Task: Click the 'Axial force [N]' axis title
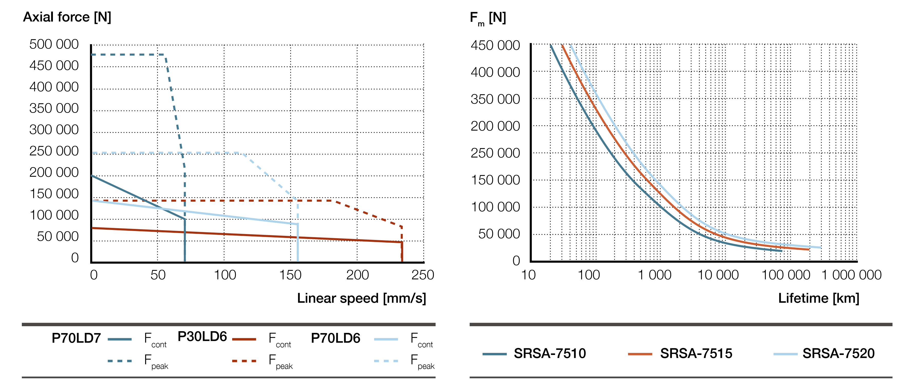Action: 67,17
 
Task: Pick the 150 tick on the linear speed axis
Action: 290,275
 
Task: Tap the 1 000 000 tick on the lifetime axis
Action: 851,275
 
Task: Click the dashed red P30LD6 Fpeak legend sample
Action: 244,361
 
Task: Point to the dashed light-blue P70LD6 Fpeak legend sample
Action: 386,361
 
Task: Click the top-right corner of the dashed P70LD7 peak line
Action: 165,55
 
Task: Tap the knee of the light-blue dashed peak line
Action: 240,153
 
